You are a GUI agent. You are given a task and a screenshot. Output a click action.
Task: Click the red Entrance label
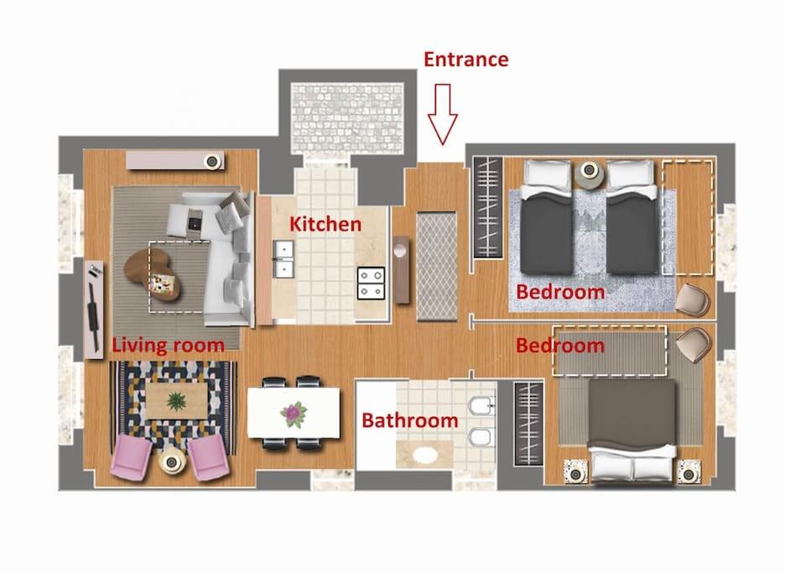pyautogui.click(x=466, y=59)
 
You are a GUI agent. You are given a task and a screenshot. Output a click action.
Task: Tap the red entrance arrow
pyautogui.click(x=443, y=114)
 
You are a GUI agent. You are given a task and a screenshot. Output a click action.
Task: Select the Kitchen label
pyautogui.click(x=325, y=224)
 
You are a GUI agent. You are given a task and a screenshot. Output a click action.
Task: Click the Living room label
pyautogui.click(x=169, y=345)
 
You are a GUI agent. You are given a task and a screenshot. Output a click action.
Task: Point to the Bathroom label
pyautogui.click(x=410, y=420)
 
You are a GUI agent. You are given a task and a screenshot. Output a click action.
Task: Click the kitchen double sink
pyautogui.click(x=283, y=258)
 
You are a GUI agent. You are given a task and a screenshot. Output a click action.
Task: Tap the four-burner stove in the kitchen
pyautogui.click(x=371, y=283)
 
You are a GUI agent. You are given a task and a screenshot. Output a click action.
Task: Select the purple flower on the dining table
pyautogui.click(x=294, y=414)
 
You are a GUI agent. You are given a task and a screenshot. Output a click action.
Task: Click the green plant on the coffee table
pyautogui.click(x=176, y=401)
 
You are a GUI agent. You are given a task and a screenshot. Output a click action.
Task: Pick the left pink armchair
pyautogui.click(x=131, y=456)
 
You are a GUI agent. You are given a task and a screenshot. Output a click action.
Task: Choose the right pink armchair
pyautogui.click(x=208, y=457)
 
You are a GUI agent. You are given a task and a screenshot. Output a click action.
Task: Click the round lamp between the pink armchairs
pyautogui.click(x=172, y=461)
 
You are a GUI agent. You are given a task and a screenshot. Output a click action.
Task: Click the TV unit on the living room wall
pyautogui.click(x=94, y=310)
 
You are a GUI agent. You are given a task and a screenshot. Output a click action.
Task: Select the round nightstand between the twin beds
pyautogui.click(x=590, y=171)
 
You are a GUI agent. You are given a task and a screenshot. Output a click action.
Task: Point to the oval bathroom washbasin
pyautogui.click(x=424, y=456)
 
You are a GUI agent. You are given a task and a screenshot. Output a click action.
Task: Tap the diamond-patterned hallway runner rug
pyautogui.click(x=437, y=266)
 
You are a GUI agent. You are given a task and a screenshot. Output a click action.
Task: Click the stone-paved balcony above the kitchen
pyautogui.click(x=347, y=118)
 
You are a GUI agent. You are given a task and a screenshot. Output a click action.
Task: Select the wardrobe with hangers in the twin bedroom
pyautogui.click(x=487, y=207)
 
